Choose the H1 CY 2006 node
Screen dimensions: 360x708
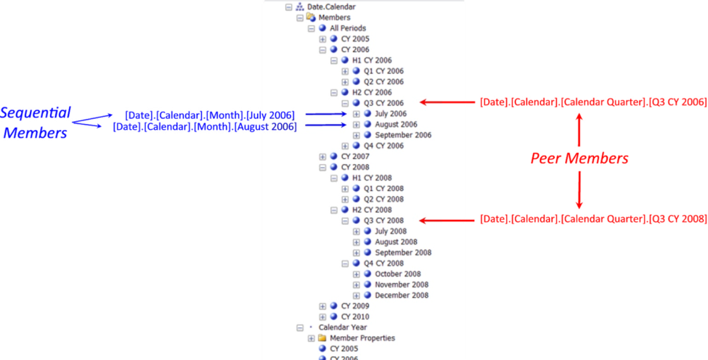point(372,60)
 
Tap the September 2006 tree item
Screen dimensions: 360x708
point(403,135)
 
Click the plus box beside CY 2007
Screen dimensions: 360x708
point(323,157)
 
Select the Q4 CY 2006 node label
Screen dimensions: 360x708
point(383,146)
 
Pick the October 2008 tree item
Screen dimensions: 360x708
point(398,274)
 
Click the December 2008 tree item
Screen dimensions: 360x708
point(402,295)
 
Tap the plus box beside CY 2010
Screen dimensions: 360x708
point(323,317)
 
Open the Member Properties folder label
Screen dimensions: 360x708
point(362,338)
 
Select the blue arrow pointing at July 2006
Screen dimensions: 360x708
point(326,114)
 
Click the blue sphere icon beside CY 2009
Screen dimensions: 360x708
point(333,306)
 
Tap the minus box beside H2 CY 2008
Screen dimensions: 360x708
point(334,210)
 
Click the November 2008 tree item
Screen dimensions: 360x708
point(402,285)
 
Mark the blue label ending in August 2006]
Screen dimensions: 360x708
point(204,126)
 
